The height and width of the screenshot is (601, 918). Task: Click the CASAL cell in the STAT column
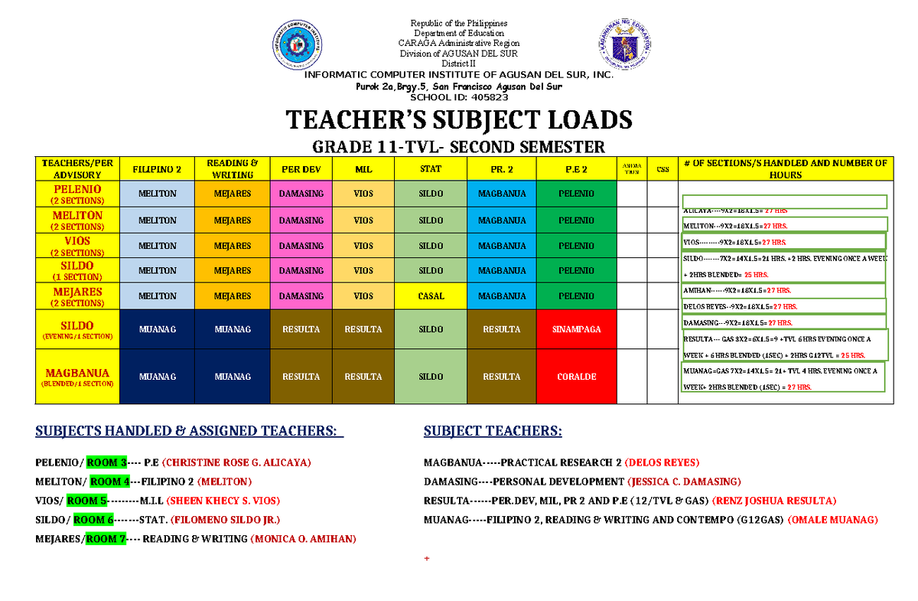click(431, 296)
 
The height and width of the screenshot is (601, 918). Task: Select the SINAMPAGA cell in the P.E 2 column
click(576, 329)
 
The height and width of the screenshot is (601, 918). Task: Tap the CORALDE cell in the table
click(576, 377)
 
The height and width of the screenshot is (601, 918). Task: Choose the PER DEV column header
click(301, 168)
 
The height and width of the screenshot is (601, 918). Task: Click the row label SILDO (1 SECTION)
click(76, 270)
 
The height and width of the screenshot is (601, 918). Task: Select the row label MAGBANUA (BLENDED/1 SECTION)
click(76, 377)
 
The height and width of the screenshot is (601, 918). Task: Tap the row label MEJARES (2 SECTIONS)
click(76, 296)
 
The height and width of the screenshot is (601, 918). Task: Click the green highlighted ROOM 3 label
click(106, 462)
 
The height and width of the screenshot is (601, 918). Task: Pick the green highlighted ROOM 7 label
click(106, 539)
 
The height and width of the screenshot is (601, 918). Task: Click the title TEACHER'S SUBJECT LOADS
click(458, 120)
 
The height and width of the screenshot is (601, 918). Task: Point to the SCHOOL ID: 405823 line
click(458, 97)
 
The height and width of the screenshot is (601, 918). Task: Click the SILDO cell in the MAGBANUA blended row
click(431, 377)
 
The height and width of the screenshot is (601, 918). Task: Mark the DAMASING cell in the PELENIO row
click(301, 194)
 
